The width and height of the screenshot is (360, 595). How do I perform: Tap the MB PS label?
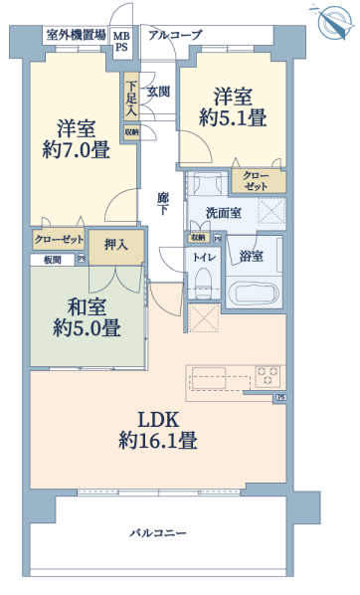(x=121, y=42)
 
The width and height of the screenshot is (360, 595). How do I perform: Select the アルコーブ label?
(x=175, y=35)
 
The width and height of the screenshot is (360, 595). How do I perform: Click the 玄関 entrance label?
(x=158, y=92)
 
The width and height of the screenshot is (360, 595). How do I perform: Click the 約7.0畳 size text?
(x=77, y=149)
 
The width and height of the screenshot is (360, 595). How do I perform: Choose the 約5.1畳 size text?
(x=233, y=117)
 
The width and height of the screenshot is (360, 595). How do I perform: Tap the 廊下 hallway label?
(x=163, y=204)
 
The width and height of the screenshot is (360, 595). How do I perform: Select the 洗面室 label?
(x=224, y=213)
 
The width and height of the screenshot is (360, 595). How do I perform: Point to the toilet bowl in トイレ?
(x=203, y=283)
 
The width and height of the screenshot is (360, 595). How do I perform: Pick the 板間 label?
(x=53, y=260)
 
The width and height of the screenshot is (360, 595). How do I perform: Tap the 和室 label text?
(x=87, y=306)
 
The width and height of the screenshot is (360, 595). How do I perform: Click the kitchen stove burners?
(x=268, y=376)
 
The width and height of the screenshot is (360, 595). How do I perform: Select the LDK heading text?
(x=158, y=421)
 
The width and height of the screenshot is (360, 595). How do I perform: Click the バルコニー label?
(x=158, y=533)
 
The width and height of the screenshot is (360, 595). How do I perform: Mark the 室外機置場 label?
(x=76, y=35)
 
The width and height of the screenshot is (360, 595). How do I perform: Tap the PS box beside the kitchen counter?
(x=281, y=397)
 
